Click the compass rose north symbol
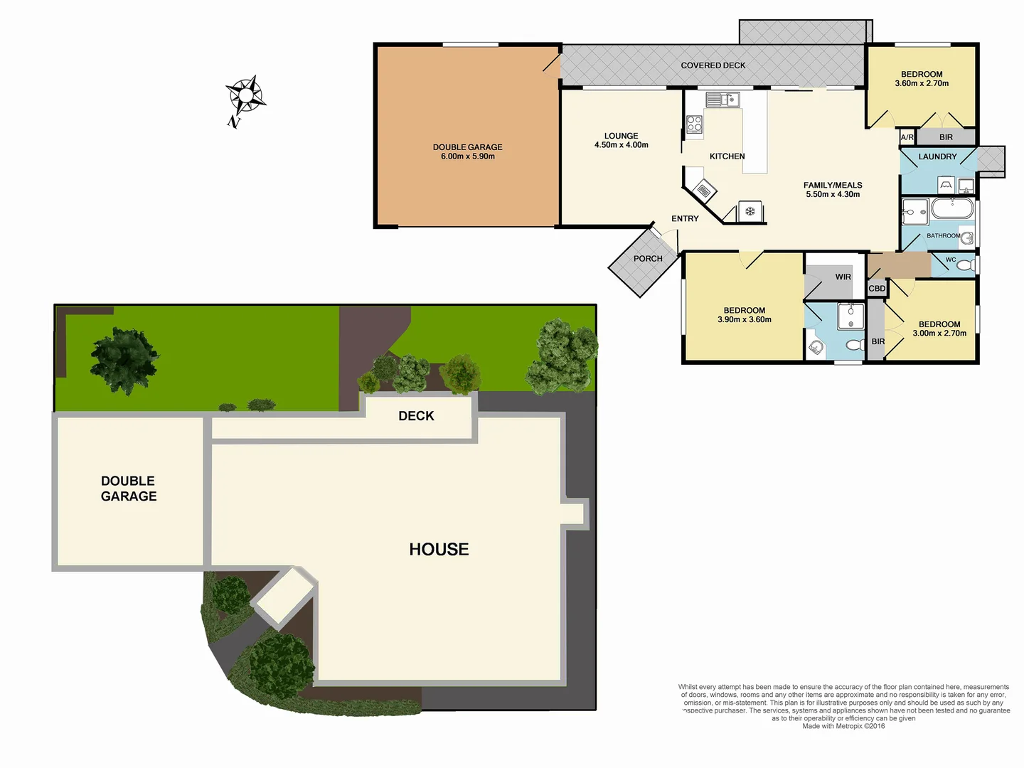245,95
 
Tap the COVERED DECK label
713,65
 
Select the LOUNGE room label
621,136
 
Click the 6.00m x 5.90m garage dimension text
467,156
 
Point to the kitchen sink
722,100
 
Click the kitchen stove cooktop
694,124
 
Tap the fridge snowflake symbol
750,211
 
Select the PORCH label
647,259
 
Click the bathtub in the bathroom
951,210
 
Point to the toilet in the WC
964,265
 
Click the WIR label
843,277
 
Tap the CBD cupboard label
877,289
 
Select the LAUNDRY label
937,156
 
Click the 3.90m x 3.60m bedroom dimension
744,320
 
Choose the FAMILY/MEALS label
832,185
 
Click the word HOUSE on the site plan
439,549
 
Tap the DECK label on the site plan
416,416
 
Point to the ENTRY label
685,219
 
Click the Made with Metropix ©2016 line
843,726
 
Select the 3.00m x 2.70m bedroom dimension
939,334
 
